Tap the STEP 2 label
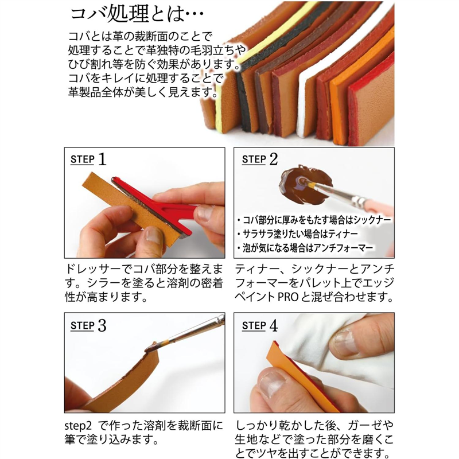pos(259,159)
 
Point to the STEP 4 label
pos(259,325)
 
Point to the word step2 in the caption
pos(79,427)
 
